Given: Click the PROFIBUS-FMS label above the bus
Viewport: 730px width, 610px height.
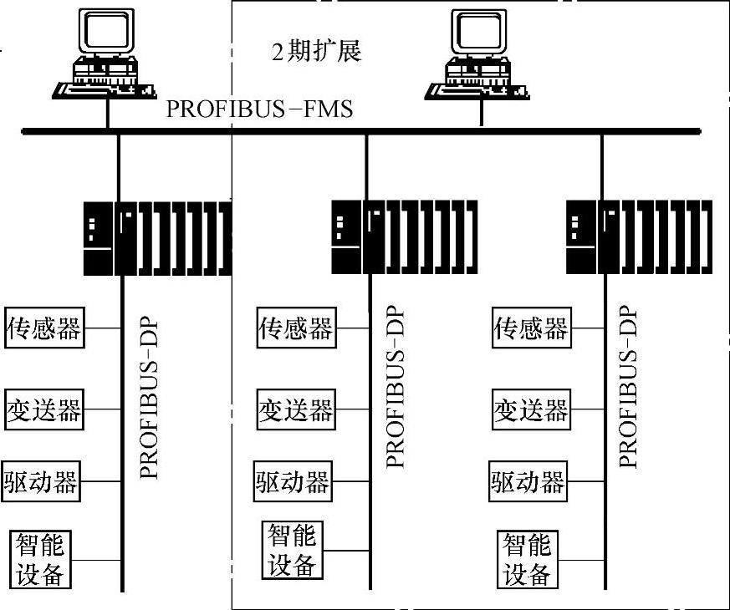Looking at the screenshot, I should [259, 109].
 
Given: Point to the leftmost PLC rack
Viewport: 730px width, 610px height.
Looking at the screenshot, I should [157, 237].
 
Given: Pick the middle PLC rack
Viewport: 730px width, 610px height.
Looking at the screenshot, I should [405, 237].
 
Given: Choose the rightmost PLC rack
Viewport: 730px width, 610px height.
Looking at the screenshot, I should [639, 237].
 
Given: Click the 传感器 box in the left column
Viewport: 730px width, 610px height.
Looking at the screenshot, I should [44, 328].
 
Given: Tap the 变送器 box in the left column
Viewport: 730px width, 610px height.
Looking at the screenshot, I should [44, 409].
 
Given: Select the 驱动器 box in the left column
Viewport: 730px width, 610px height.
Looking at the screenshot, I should [41, 481].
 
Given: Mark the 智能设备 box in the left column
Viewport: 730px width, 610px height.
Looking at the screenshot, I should [40, 559].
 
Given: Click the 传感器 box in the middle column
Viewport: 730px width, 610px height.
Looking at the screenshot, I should [294, 328].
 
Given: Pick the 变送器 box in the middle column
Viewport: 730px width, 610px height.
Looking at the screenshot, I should [294, 409].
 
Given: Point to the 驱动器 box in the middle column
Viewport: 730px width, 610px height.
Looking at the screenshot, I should [293, 481].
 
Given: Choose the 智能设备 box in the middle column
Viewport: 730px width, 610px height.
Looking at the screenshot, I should [292, 550].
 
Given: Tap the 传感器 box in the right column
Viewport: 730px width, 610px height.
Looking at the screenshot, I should [531, 328].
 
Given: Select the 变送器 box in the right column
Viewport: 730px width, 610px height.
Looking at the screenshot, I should [531, 409].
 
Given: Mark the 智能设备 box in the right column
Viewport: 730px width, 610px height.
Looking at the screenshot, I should [528, 559].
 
